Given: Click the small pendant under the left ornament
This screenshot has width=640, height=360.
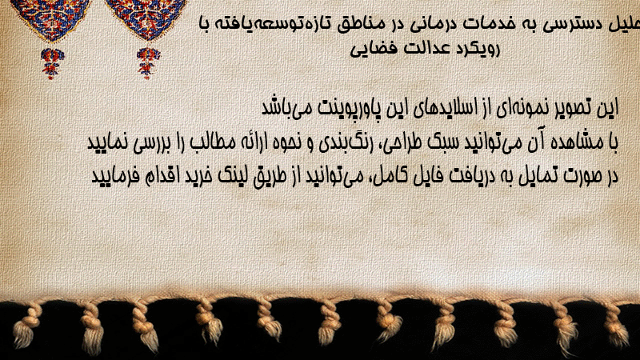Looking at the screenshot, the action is point(52,63).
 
